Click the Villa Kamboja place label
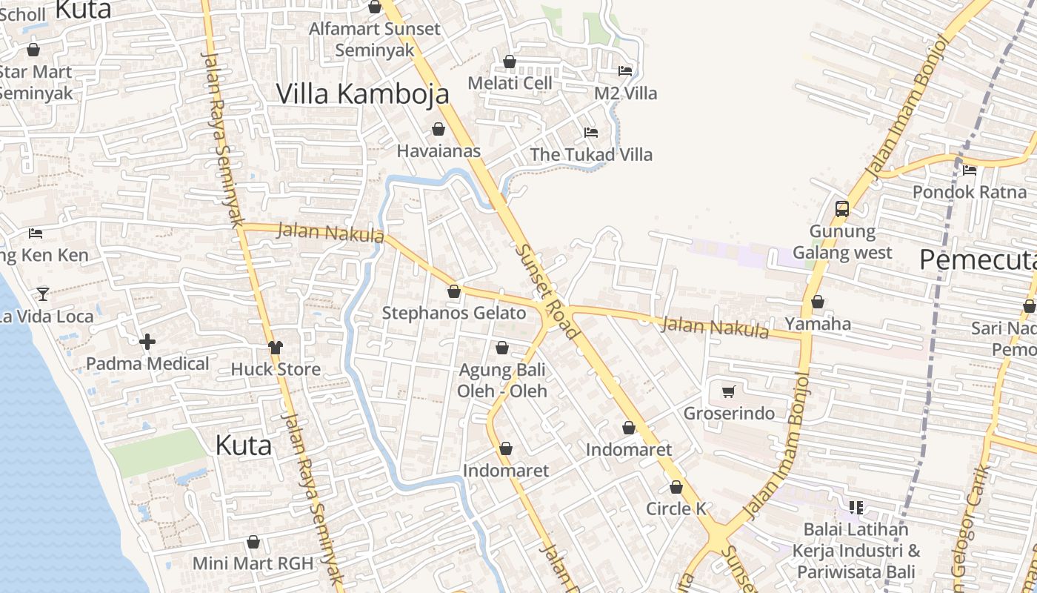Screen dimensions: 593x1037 (362, 94)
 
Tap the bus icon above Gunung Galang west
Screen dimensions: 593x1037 (842, 208)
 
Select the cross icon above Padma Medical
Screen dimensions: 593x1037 (147, 342)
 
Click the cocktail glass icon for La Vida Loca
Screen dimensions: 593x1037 (43, 294)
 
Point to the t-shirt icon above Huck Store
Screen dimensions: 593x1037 (276, 347)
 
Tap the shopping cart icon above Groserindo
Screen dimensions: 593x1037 (729, 391)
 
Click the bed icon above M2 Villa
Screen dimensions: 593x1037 (625, 71)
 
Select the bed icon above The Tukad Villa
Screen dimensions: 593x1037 (591, 133)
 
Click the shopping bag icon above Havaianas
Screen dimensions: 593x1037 (439, 129)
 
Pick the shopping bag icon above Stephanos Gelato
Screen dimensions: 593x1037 (454, 291)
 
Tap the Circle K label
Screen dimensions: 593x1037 (676, 509)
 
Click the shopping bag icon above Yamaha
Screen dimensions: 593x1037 (818, 302)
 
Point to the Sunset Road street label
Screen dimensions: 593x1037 (547, 291)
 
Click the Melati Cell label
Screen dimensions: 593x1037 (510, 83)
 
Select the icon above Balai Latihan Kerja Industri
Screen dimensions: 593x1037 (856, 508)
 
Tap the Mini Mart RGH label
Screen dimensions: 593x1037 (253, 563)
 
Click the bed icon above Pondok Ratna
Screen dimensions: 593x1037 (970, 170)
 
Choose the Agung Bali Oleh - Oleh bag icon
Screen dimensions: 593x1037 (502, 348)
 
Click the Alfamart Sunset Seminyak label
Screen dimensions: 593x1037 (375, 39)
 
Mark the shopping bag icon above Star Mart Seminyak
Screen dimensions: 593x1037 (33, 50)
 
